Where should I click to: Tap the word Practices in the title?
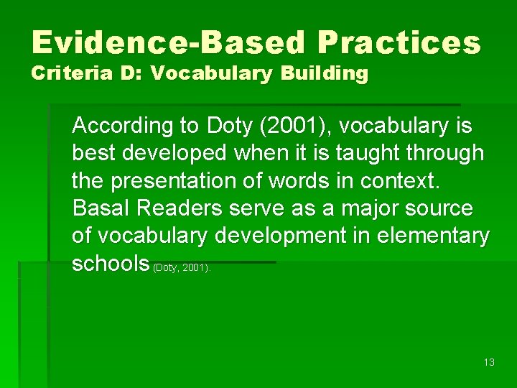click(399, 43)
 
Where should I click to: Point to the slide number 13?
click(489, 362)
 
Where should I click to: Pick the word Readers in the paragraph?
click(178, 208)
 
